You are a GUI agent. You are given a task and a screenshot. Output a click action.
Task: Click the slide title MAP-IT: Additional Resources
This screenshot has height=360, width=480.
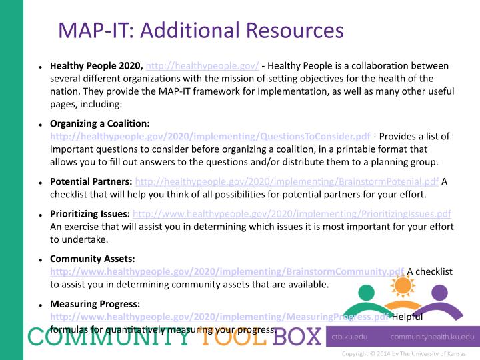[x=201, y=30]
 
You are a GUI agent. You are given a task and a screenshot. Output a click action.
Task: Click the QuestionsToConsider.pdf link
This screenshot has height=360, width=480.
[x=210, y=136]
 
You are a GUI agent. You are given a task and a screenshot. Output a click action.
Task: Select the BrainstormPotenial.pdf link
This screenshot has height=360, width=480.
[x=287, y=181]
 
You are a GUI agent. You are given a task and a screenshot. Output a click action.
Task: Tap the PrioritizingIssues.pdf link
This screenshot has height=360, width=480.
[x=292, y=214]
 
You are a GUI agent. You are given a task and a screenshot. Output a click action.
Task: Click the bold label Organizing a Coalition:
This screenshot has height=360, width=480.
[x=99, y=124]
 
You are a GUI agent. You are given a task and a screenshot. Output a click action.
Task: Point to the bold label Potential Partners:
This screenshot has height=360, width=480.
[x=91, y=181]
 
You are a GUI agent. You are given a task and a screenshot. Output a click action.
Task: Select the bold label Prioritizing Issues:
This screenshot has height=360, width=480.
[x=90, y=214]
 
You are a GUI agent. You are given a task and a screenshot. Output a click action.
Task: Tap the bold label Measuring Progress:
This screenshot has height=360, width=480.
[x=95, y=305]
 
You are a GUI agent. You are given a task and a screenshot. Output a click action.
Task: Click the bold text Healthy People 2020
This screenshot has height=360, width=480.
[x=96, y=67]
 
